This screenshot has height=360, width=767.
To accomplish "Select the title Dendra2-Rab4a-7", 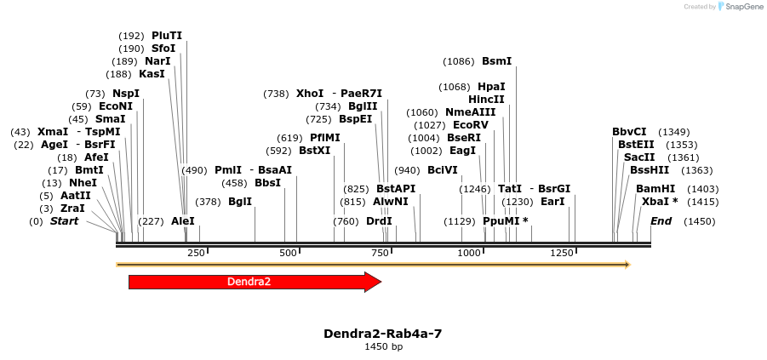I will tap(382, 334).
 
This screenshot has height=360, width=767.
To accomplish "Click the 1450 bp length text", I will tap(382, 347).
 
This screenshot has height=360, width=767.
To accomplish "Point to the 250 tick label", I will tap(197, 253).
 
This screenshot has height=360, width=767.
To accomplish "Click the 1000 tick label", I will tap(470, 253).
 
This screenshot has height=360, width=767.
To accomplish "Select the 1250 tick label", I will tap(561, 253).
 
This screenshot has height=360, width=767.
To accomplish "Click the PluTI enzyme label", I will tap(167, 36).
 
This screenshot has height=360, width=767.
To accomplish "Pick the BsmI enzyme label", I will tap(496, 61).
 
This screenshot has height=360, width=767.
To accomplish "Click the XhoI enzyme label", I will tap(310, 94).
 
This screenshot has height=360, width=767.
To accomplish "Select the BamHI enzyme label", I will tap(655, 189).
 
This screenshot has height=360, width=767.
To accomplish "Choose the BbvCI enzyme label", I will tap(629, 132).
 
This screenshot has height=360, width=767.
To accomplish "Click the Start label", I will tap(64, 221).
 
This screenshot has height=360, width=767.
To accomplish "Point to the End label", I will tap(661, 221).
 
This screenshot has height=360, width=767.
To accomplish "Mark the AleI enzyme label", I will tap(183, 221).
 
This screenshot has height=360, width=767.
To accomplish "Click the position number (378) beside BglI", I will tap(208, 202).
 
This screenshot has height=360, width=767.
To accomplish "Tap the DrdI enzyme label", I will tap(379, 221).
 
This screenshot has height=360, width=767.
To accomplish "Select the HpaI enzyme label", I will tap(491, 87).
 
